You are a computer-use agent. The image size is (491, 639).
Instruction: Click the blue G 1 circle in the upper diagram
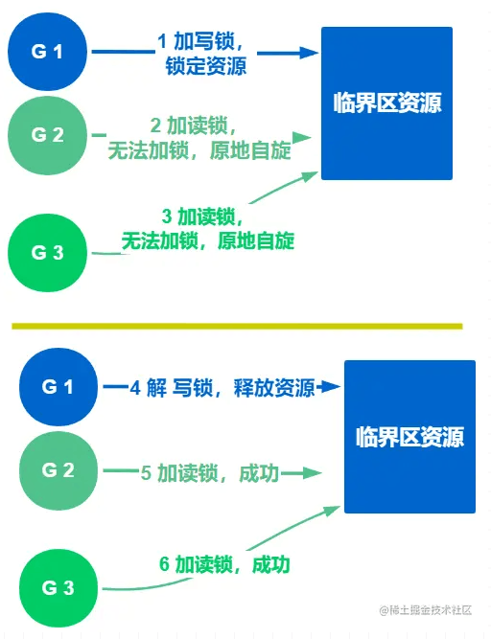47,52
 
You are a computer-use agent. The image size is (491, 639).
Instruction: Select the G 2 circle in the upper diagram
47,135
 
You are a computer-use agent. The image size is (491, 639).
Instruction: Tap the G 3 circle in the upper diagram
47,253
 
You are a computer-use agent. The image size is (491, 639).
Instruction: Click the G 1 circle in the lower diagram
58,387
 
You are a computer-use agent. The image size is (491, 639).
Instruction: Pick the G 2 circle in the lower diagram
58,470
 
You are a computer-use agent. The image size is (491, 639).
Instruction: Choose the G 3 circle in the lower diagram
58,588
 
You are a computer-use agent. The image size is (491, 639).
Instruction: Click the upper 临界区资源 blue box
386,103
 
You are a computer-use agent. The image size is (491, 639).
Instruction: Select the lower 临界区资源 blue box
409,437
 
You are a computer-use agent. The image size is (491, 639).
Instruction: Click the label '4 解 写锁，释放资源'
222,388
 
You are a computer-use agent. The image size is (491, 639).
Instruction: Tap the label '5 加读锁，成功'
210,473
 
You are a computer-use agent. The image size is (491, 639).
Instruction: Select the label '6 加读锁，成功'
224,564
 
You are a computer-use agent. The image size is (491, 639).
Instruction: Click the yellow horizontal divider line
237,326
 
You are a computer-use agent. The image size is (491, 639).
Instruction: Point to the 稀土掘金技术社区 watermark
426,610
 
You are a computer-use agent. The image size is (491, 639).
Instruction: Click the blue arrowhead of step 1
309,53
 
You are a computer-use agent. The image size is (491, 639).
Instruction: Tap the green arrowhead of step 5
313,473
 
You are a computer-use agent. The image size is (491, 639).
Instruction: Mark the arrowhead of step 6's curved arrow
332,511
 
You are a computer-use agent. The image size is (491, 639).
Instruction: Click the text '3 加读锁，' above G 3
202,216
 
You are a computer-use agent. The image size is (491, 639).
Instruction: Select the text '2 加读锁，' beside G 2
194,126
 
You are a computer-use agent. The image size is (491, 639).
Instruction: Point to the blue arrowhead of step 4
331,386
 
